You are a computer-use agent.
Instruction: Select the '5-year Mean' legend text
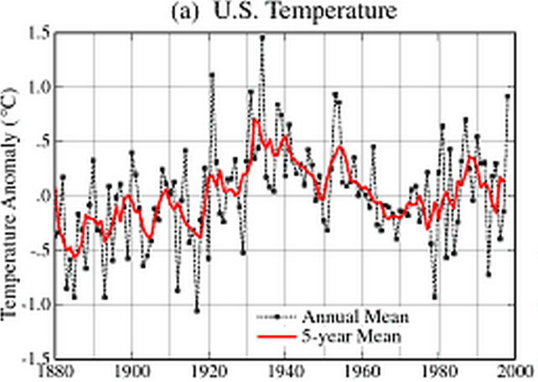(x=344, y=336)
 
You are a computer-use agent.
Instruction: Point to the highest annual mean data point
(x=262, y=38)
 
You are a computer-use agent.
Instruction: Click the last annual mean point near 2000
(x=507, y=96)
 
